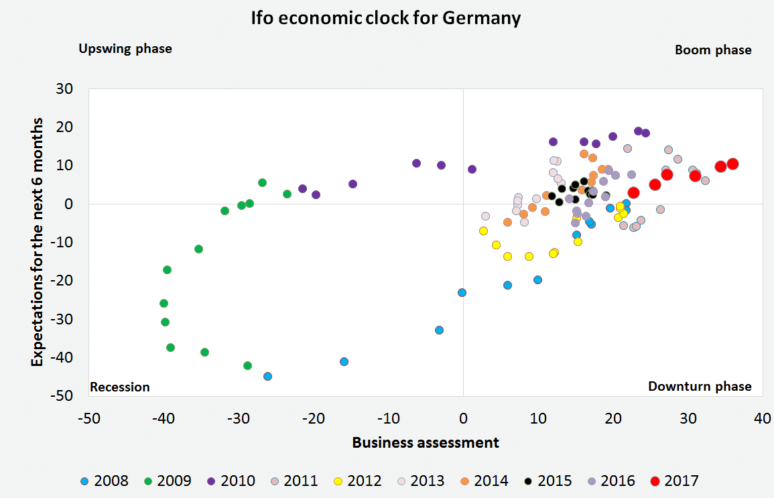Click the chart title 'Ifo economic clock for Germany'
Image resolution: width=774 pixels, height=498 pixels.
point(387,18)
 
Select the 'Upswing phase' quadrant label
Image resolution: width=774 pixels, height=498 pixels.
point(125,49)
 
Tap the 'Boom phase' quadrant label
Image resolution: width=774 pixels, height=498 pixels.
point(713,50)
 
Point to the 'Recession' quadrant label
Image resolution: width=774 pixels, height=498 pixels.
point(120,387)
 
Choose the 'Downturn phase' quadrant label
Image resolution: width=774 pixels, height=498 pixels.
point(700,386)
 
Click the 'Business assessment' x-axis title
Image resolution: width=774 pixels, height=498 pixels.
point(426,442)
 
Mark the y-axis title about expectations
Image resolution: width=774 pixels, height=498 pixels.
point(38,242)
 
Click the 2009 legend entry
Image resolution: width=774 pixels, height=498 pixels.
point(168,481)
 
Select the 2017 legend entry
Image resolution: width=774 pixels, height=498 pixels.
point(674,481)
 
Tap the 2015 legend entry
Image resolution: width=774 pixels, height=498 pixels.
point(549,481)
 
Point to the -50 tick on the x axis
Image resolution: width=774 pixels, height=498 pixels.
point(89,419)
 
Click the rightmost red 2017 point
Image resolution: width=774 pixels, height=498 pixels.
point(732,164)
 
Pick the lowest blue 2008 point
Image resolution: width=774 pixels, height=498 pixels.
point(267,376)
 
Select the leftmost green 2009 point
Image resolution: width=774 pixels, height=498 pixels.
point(164,303)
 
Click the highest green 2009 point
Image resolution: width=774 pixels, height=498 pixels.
point(262,182)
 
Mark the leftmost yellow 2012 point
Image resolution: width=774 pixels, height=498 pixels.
point(483,231)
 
